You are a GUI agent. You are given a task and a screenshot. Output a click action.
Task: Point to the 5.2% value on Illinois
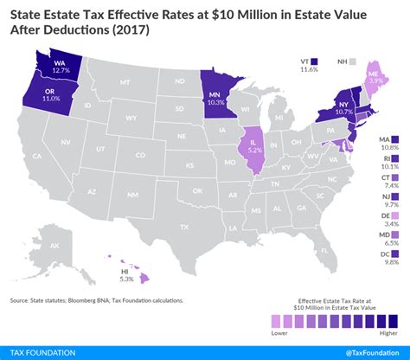point(254,148)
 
